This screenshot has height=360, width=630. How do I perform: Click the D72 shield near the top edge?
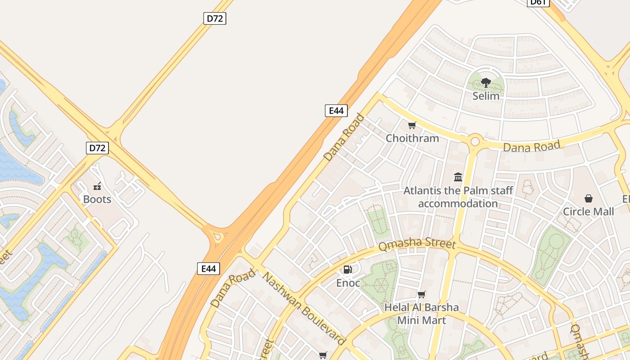point(215,18)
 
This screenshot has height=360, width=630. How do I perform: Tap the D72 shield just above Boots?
point(97,148)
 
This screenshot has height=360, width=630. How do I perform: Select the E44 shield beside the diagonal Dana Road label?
point(336,111)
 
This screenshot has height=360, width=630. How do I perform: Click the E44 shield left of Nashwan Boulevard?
point(208,269)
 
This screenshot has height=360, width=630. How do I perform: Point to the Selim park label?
point(486,96)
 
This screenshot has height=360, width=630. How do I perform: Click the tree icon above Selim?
point(486,82)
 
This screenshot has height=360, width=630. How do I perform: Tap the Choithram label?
point(412,138)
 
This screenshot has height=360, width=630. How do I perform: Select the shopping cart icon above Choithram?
point(412,125)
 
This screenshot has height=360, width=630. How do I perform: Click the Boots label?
point(97,199)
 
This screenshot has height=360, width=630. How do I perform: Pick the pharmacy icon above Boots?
point(97,186)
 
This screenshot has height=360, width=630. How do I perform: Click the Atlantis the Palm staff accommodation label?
point(458,197)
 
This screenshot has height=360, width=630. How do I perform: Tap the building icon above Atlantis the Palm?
point(458,177)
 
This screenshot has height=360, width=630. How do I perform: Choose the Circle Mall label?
point(588,211)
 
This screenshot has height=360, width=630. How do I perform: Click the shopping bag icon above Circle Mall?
point(588,198)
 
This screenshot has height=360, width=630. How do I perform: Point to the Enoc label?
point(348,283)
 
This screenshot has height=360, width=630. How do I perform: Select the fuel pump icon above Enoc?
point(347,270)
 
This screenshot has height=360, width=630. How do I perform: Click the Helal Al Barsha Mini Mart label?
point(422,314)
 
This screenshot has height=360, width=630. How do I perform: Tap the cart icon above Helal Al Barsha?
point(422,295)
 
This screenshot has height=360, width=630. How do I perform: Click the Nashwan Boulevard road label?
point(304,308)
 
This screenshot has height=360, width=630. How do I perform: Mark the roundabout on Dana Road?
point(475,142)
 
